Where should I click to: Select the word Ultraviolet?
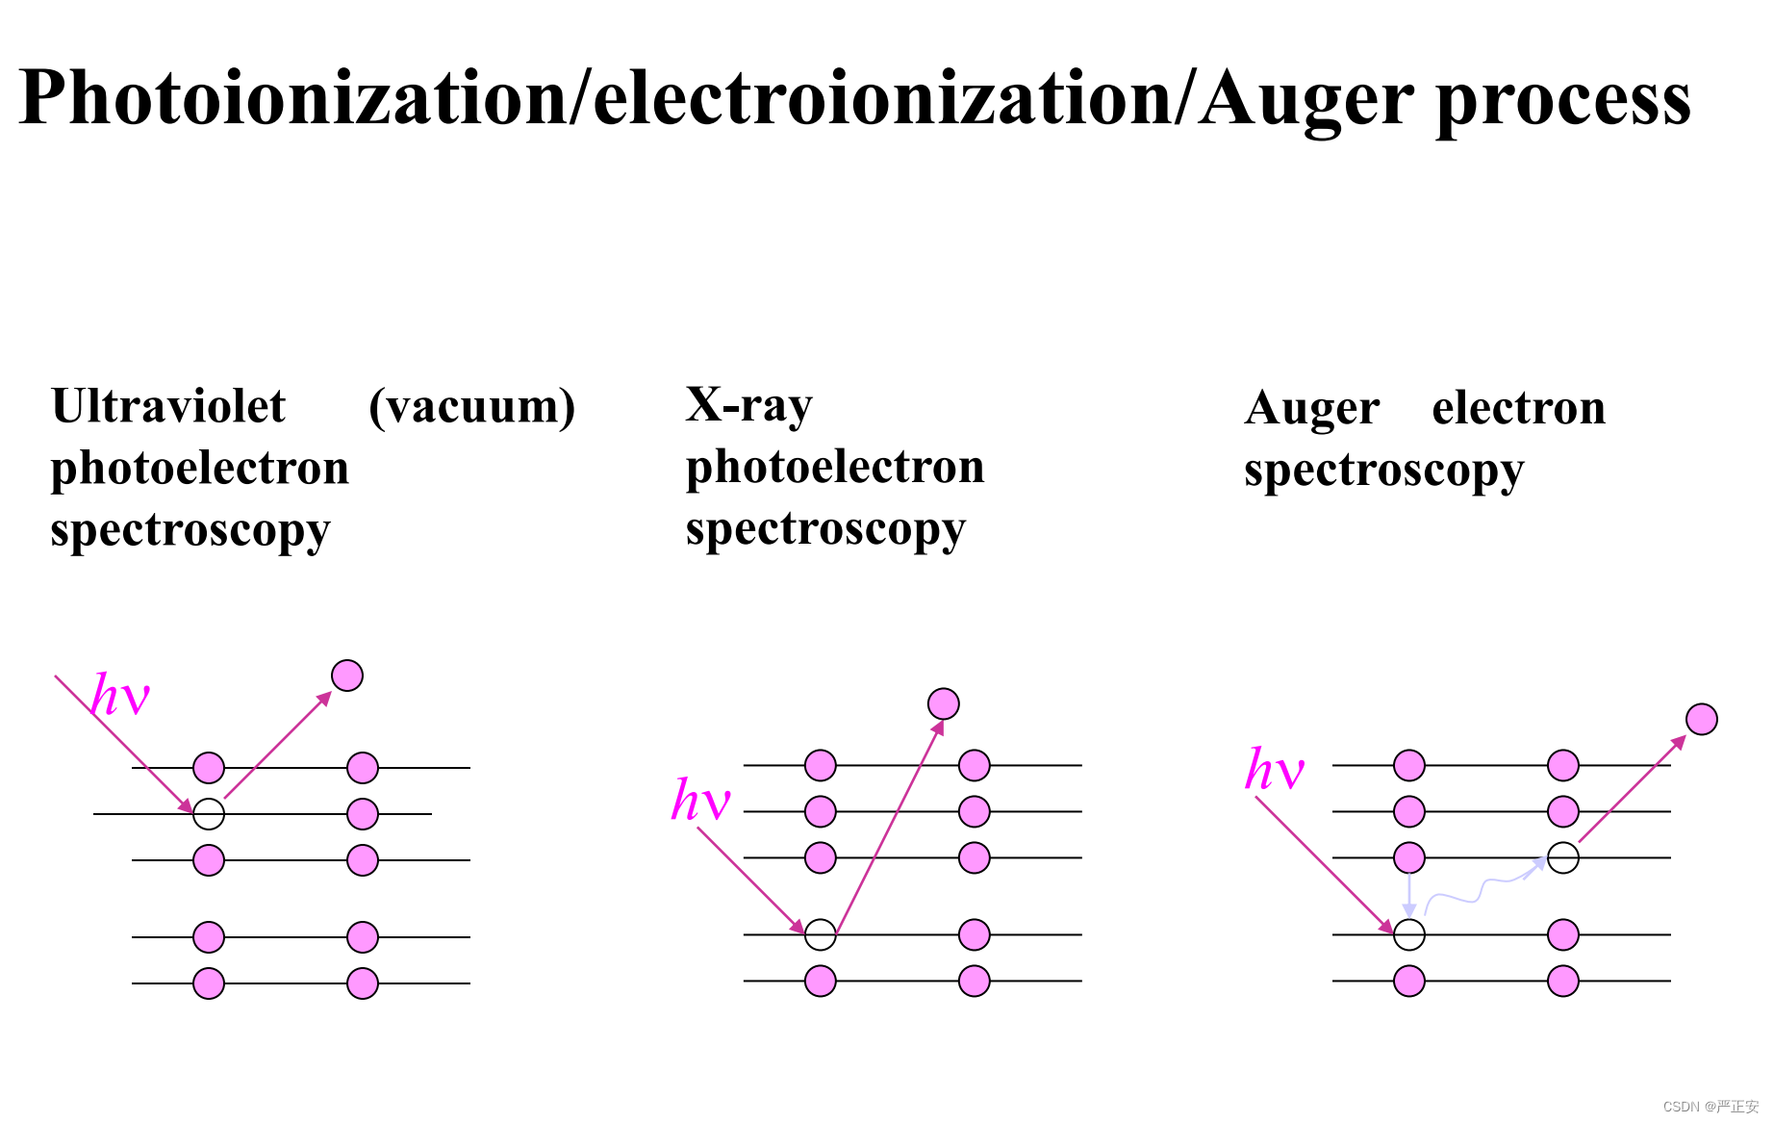[168, 406]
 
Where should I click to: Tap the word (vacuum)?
[472, 406]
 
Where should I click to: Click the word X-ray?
[748, 405]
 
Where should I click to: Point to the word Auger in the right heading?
[1311, 409]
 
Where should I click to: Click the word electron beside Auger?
[1518, 408]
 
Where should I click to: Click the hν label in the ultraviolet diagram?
[120, 695]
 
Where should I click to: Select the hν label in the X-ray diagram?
[700, 800]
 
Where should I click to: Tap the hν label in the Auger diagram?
[1274, 770]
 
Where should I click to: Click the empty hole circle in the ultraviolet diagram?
[209, 814]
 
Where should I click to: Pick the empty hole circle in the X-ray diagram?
[820, 934]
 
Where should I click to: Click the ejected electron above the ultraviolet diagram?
[347, 676]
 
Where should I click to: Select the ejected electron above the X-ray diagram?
[944, 703]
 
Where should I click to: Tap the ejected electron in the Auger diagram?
[1701, 719]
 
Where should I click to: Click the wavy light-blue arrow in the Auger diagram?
[1482, 890]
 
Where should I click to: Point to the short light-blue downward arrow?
[1409, 895]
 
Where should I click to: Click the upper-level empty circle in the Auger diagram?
[1563, 857]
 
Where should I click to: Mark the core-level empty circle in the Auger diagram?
[1409, 934]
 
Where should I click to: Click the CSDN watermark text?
[1710, 1107]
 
